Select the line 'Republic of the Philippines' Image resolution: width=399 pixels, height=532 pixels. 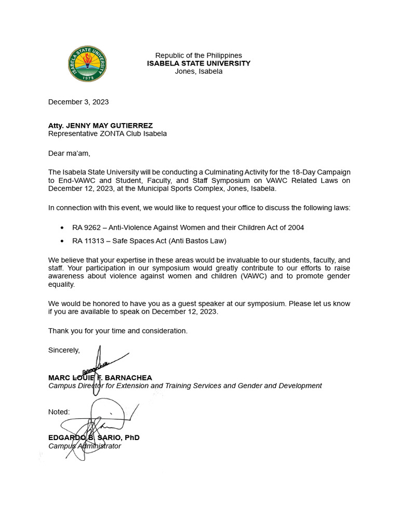point(198,56)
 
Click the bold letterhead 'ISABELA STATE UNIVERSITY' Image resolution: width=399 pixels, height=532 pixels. point(198,63)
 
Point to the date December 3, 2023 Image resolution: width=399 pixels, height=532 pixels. point(78,102)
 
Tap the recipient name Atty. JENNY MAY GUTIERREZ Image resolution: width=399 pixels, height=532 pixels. point(101,125)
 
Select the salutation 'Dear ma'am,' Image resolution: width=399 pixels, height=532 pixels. point(69,153)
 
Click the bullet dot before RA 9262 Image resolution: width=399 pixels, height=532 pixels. point(62,228)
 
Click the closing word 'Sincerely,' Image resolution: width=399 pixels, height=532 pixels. point(64,350)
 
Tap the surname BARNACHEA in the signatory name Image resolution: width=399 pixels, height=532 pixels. point(131,378)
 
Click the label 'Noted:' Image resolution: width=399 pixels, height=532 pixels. point(59,412)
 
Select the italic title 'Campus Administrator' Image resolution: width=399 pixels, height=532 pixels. point(85,446)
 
